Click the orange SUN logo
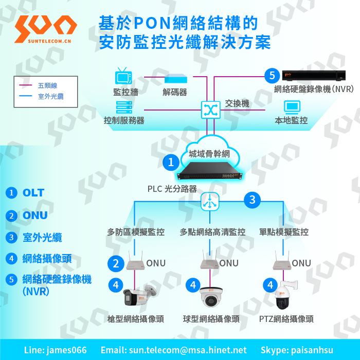click(45, 29)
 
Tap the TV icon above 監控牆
click(123, 76)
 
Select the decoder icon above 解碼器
click(176, 79)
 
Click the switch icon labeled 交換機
click(210, 110)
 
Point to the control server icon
click(124, 107)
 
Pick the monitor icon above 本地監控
click(292, 107)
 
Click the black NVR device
click(314, 76)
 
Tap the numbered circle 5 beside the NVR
click(272, 76)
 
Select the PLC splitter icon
click(210, 202)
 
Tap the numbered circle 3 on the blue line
click(252, 200)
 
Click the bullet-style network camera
click(140, 296)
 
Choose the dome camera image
click(211, 297)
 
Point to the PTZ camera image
click(285, 295)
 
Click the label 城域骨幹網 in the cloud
click(209, 154)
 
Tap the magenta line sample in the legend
click(26, 85)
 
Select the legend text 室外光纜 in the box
click(51, 97)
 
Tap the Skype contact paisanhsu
click(312, 350)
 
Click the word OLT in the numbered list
click(33, 193)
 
